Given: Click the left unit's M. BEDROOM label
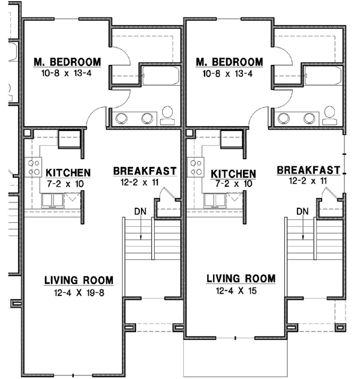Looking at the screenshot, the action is (x=67, y=62).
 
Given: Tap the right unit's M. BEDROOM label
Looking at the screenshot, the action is (x=229, y=62).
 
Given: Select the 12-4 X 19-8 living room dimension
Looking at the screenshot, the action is (x=79, y=293).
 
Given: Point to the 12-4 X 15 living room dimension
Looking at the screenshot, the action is (x=236, y=291).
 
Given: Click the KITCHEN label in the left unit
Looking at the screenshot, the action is (x=68, y=173).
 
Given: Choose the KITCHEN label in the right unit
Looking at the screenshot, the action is (x=233, y=174).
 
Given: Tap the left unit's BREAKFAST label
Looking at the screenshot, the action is (x=145, y=171).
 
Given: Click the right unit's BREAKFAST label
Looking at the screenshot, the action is (x=308, y=170).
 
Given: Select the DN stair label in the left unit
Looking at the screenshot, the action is (x=140, y=211).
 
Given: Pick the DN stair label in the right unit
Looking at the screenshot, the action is (x=302, y=211).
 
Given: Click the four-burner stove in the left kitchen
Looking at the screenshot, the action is (x=34, y=167).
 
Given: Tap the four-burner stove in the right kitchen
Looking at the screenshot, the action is (x=196, y=167).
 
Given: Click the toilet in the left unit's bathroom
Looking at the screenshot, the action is (x=167, y=115).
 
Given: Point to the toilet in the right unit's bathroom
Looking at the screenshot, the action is (x=329, y=115).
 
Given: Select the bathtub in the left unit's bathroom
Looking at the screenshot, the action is (x=161, y=76).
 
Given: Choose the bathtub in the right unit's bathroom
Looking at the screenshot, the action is (x=323, y=76).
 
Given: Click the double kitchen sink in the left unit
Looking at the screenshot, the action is (x=52, y=201).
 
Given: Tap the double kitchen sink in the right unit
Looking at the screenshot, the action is (x=215, y=201).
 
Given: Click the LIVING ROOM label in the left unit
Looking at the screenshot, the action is (x=79, y=280).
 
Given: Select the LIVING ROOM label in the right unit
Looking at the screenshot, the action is (x=241, y=279).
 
